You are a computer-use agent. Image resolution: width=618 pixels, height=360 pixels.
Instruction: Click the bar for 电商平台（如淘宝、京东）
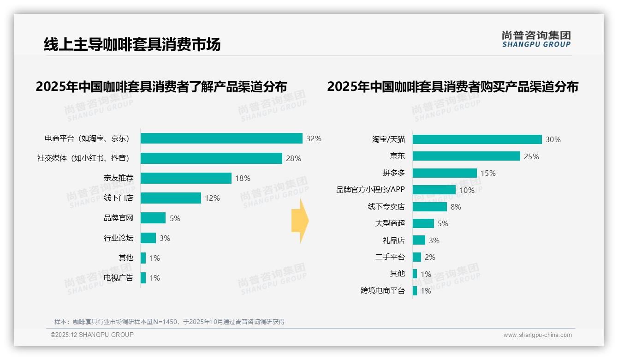pyautogui.click(x=221, y=138)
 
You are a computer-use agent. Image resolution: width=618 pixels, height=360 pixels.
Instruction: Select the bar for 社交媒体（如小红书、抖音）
pyautogui.click(x=211, y=158)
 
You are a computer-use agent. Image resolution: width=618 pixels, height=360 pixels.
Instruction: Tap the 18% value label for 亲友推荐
pyautogui.click(x=243, y=178)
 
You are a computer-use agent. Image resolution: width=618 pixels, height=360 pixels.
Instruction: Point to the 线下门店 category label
pyautogui.click(x=119, y=198)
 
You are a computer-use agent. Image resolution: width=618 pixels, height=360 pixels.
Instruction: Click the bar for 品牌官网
pyautogui.click(x=153, y=218)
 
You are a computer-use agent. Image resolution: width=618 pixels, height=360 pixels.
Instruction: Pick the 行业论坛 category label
pyautogui.click(x=119, y=238)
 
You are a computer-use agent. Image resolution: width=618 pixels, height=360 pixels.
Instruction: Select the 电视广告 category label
pyautogui.click(x=119, y=278)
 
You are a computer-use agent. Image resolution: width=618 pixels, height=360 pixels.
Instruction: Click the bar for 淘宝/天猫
pyautogui.click(x=477, y=139)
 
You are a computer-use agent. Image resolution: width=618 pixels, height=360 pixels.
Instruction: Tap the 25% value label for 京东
pyautogui.click(x=531, y=156)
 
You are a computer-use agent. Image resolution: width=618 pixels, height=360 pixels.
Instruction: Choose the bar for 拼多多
pyautogui.click(x=445, y=173)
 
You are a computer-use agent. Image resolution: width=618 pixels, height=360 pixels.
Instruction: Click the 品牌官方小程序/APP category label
pyautogui.click(x=370, y=190)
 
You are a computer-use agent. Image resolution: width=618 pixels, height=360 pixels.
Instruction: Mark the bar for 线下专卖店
pyautogui.click(x=429, y=207)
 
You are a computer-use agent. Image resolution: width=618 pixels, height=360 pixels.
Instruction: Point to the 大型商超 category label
pyautogui.click(x=390, y=223)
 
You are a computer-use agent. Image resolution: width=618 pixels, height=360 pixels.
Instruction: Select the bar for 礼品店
pyautogui.click(x=419, y=240)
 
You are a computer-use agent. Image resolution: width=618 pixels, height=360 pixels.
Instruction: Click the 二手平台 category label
pyautogui.click(x=390, y=257)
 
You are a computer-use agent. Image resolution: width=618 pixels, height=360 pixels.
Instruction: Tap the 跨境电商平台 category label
pyautogui.click(x=383, y=291)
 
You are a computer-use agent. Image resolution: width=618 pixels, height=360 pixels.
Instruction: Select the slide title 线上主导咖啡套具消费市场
pyautogui.click(x=132, y=44)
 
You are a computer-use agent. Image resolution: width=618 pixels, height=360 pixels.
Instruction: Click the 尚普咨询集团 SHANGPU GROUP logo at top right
pyautogui.click(x=536, y=39)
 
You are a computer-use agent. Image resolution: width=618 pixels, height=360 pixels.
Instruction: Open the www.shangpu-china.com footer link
pyautogui.click(x=537, y=335)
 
